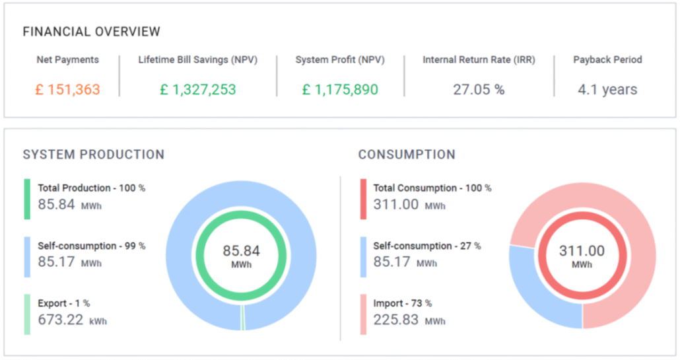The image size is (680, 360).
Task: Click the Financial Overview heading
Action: pyautogui.click(x=92, y=32)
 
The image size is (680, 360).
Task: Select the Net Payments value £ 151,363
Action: pyautogui.click(x=67, y=89)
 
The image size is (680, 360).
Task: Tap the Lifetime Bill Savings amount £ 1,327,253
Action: pyautogui.click(x=198, y=89)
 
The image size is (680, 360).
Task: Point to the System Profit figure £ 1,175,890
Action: pyautogui.click(x=340, y=89)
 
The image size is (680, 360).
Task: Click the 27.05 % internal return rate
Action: pyautogui.click(x=479, y=89)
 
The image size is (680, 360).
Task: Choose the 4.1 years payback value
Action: pyautogui.click(x=607, y=89)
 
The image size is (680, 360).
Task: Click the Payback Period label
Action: pyautogui.click(x=607, y=59)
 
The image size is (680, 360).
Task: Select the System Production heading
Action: pyautogui.click(x=94, y=155)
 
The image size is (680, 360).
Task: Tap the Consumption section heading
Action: pyautogui.click(x=407, y=155)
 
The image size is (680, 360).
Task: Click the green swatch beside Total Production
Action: pyautogui.click(x=27, y=199)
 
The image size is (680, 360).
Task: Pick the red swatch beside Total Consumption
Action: pyautogui.click(x=363, y=199)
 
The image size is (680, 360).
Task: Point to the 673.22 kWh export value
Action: pyautogui.click(x=73, y=320)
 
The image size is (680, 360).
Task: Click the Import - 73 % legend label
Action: pyautogui.click(x=403, y=303)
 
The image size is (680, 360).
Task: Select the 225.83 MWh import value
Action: pyautogui.click(x=409, y=320)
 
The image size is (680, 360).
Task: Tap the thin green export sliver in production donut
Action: pyautogui.click(x=243, y=318)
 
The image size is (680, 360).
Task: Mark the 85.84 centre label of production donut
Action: pyautogui.click(x=241, y=251)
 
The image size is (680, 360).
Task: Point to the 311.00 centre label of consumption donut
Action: pyautogui.click(x=582, y=251)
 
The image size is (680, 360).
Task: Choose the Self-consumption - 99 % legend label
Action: pyautogui.click(x=92, y=246)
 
